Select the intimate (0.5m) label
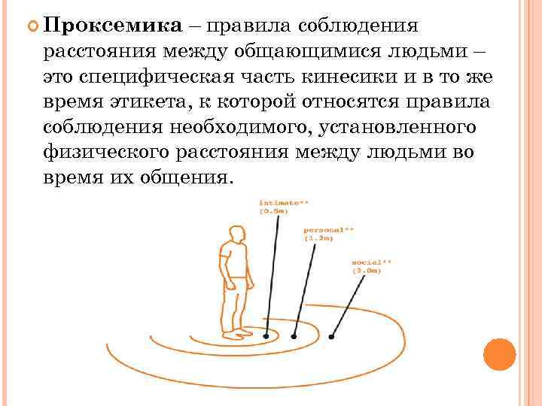pos(283,208)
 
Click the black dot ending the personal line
pos(296,335)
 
